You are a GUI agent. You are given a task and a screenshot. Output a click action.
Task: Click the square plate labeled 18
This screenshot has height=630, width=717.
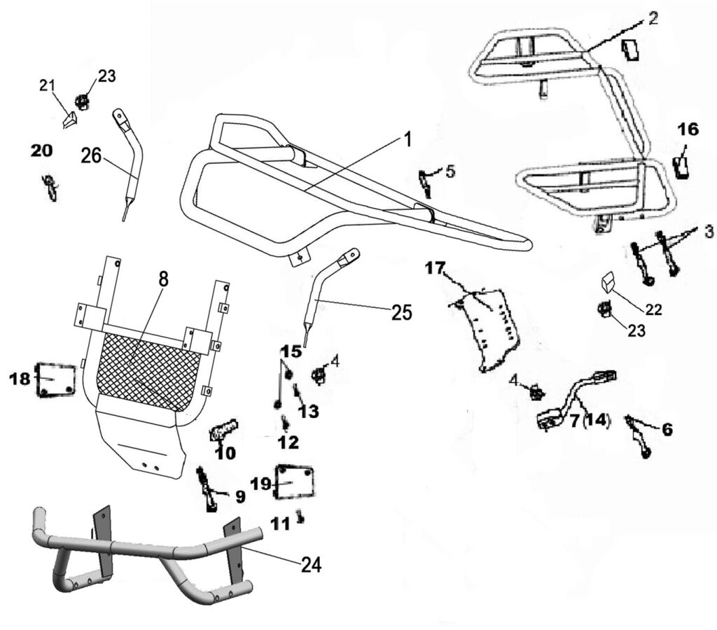[55, 379]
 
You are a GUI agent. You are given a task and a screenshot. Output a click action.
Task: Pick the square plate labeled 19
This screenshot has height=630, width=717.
[294, 482]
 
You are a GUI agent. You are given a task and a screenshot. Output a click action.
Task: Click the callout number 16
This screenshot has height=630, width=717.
[688, 129]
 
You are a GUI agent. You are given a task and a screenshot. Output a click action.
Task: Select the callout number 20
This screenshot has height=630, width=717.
[41, 151]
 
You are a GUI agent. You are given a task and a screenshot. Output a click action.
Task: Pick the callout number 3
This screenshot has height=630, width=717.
[709, 232]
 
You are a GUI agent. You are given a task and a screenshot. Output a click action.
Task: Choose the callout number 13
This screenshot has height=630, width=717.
[309, 412]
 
